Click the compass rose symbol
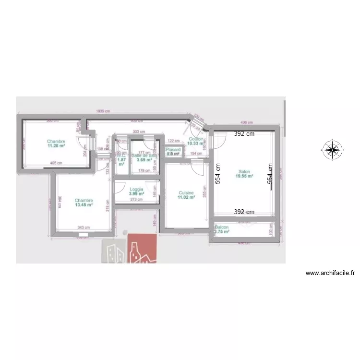click(x=332, y=149)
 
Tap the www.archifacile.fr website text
click(x=330, y=273)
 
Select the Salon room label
click(x=244, y=171)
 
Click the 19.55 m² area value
click(x=244, y=176)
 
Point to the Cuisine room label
click(x=186, y=192)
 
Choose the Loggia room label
click(x=136, y=189)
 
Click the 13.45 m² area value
click(x=84, y=204)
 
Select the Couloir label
click(x=196, y=139)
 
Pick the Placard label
click(x=173, y=150)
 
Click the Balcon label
click(x=222, y=227)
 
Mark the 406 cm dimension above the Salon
click(x=246, y=123)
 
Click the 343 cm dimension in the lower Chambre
click(x=84, y=228)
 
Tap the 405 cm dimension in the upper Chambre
click(x=56, y=163)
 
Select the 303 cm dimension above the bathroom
click(x=139, y=132)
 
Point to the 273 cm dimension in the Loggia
click(x=136, y=199)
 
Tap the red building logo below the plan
click(x=143, y=249)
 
